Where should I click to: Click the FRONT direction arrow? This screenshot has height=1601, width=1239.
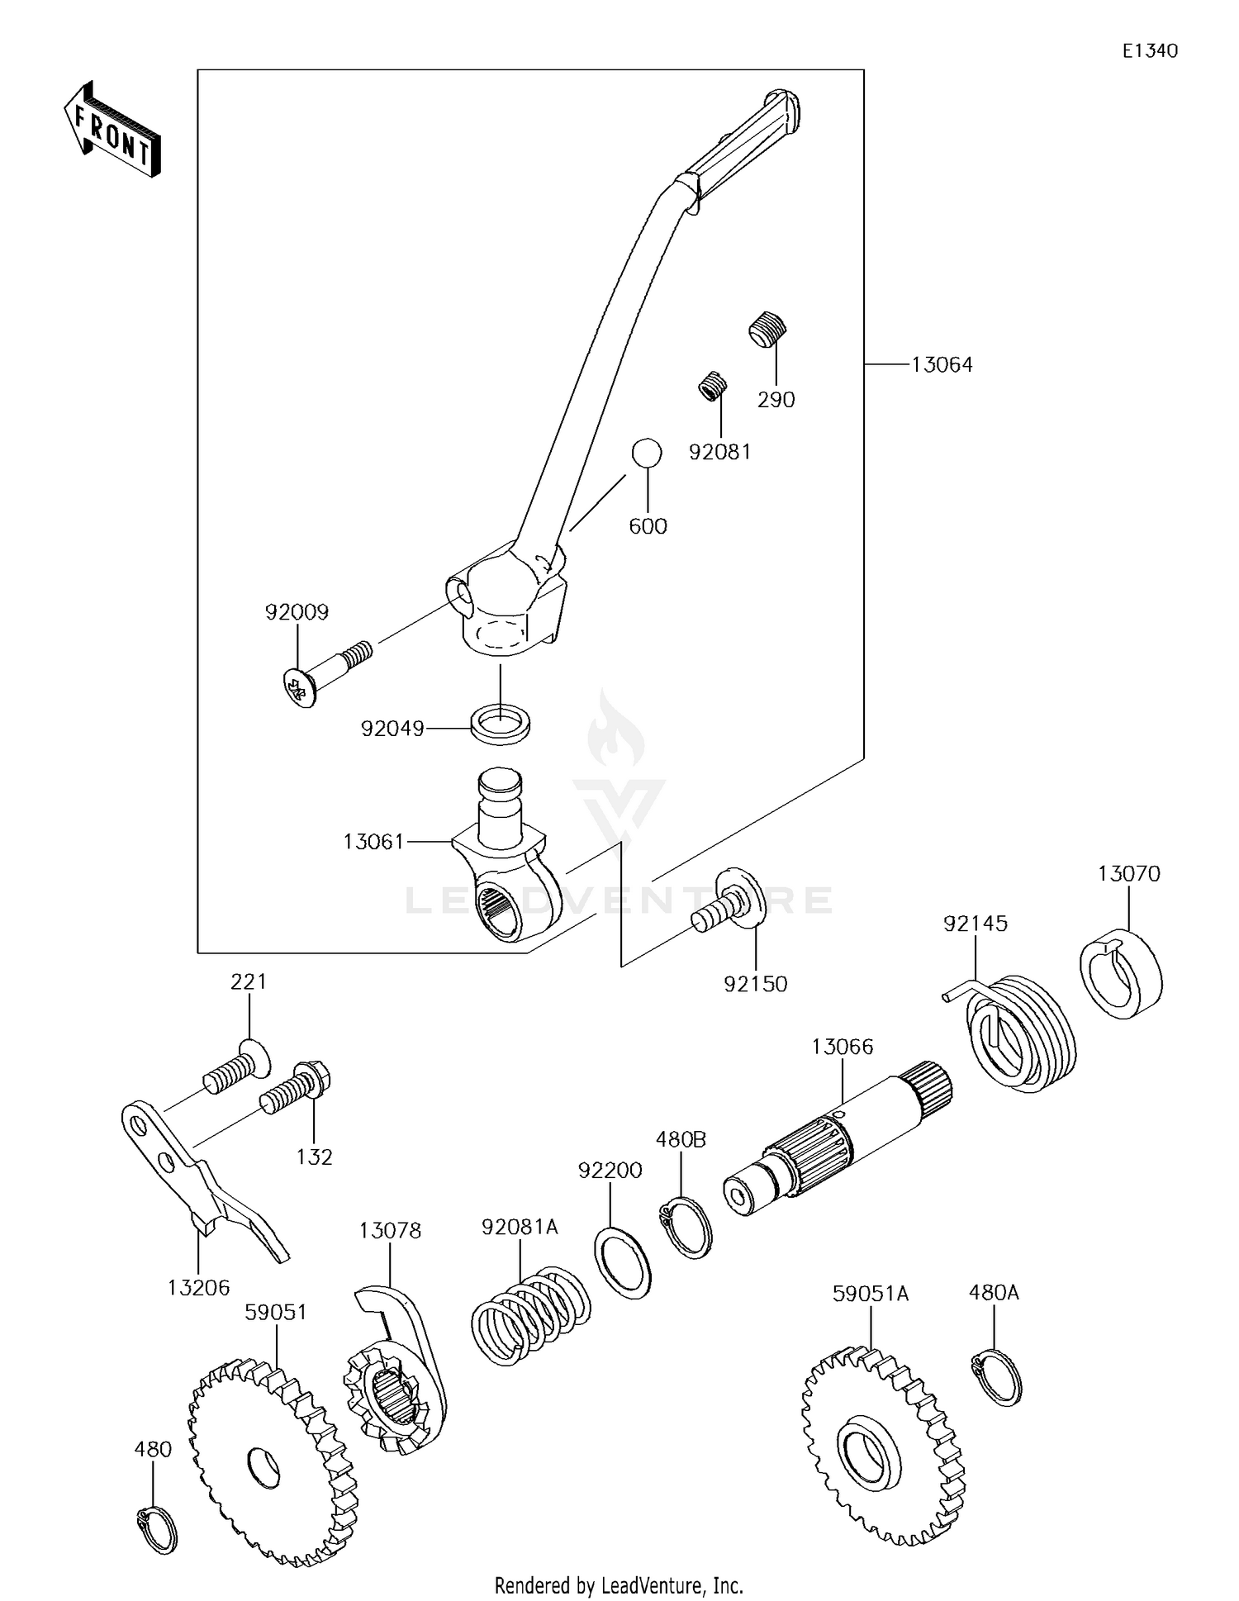pyautogui.click(x=112, y=130)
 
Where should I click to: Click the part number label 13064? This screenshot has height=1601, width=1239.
pyautogui.click(x=942, y=364)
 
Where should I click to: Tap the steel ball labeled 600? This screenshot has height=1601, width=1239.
pyautogui.click(x=647, y=454)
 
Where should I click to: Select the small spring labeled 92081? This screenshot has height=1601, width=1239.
pyautogui.click(x=713, y=386)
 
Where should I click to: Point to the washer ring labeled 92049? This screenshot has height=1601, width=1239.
pyautogui.click(x=501, y=724)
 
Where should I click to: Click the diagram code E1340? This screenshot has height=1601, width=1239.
pyautogui.click(x=1150, y=50)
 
